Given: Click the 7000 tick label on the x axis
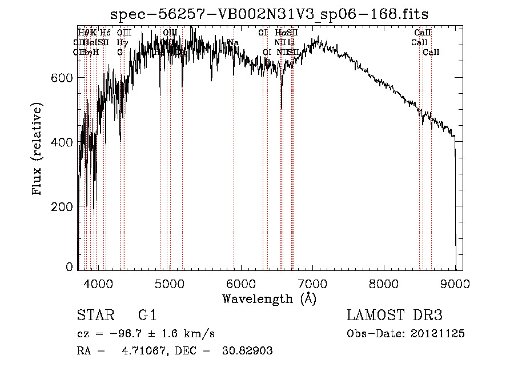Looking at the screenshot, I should [312, 283].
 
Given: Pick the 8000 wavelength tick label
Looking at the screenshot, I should [384, 283].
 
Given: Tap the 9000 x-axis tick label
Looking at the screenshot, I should [455, 283].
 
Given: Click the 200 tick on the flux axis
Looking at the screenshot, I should [62, 206].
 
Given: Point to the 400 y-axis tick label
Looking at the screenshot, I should [62, 142].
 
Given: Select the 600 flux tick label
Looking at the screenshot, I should [62, 77].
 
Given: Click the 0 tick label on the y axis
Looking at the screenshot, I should [69, 267].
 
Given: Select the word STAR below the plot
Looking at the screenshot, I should [94, 316].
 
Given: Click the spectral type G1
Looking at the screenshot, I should [147, 316].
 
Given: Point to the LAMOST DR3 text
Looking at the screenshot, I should [395, 316].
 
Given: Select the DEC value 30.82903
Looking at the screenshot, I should [247, 352].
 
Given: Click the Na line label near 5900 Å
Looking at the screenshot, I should [233, 42].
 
